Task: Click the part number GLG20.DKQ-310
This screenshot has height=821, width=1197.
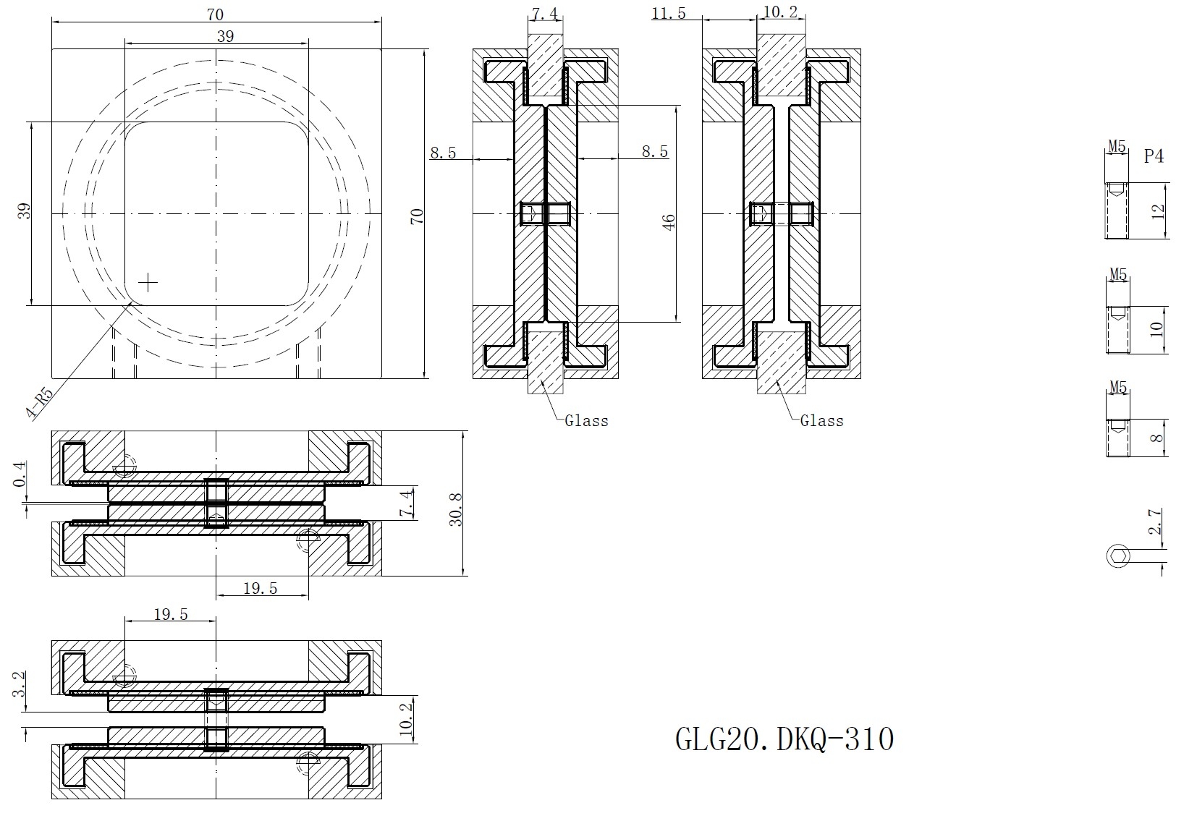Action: click(x=784, y=739)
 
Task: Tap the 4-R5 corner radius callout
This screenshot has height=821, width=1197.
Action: click(x=40, y=403)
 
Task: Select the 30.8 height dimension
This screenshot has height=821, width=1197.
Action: click(x=456, y=509)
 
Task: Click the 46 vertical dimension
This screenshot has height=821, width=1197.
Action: click(x=669, y=221)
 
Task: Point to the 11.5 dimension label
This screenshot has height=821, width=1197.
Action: click(x=669, y=13)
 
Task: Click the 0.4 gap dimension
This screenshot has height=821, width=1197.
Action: click(x=20, y=474)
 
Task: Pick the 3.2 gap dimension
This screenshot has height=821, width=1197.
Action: click(x=20, y=684)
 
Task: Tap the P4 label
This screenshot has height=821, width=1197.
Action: click(x=1154, y=156)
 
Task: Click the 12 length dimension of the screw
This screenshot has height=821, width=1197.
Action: click(x=1157, y=211)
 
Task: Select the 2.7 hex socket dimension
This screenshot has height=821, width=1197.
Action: click(x=1155, y=522)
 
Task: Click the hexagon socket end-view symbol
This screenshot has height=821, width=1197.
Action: click(x=1118, y=556)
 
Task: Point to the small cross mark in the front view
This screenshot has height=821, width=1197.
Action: click(x=148, y=283)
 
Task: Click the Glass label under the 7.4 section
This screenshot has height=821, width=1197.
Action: click(x=587, y=421)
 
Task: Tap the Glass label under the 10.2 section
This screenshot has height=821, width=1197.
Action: click(x=822, y=421)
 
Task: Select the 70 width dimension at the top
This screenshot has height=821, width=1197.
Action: click(x=216, y=14)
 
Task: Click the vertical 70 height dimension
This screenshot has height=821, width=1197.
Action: click(x=417, y=216)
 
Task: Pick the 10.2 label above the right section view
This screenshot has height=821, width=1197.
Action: click(x=781, y=12)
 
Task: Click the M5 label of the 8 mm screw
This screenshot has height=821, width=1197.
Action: click(x=1118, y=387)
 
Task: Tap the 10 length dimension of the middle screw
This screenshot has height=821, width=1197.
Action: click(x=1156, y=329)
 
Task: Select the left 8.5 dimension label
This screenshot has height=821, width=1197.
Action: click(x=444, y=153)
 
